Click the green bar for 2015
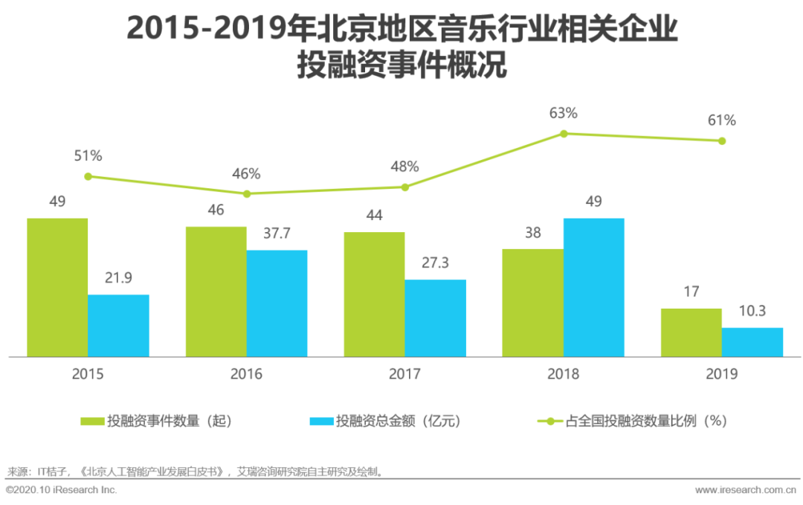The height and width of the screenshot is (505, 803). tap(57, 287)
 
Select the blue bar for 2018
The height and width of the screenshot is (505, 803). tap(593, 287)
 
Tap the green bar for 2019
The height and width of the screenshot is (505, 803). tap(691, 332)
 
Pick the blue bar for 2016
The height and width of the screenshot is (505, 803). tap(277, 303)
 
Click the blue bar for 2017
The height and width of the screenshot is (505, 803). tap(435, 318)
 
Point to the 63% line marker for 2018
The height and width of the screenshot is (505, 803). tap(564, 134)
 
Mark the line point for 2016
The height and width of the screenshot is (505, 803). tap(246, 193)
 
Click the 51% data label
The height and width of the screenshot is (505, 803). tap(88, 156)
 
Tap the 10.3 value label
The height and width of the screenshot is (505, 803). tap(752, 312)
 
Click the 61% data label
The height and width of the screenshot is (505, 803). tap(721, 120)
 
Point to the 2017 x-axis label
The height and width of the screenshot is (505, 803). tap(404, 373)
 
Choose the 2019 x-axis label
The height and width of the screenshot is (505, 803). tap(721, 373)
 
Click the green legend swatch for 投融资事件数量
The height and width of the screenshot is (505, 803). tap(92, 422)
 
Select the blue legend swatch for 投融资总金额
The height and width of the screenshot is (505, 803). tap(320, 422)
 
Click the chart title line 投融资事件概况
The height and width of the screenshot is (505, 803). tap(401, 65)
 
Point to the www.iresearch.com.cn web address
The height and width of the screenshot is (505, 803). tap(746, 490)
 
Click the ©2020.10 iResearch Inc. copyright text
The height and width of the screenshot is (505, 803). tap(62, 490)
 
